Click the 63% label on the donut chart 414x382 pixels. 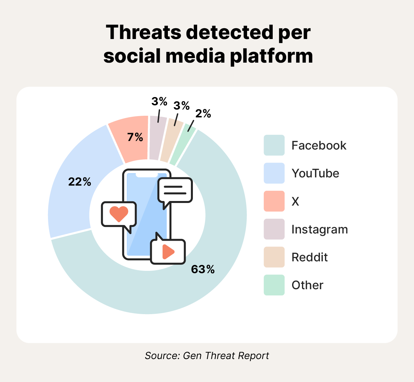203,270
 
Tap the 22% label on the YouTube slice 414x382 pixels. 80,182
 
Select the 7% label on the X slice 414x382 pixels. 135,137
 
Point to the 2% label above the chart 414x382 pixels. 203,113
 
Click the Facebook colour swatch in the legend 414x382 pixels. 274,145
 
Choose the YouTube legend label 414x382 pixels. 315,173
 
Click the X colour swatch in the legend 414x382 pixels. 274,201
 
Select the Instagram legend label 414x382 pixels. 319,229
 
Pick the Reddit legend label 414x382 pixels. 310,257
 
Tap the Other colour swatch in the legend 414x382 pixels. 274,285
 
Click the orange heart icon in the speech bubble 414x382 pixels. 119,214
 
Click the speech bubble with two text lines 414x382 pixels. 175,190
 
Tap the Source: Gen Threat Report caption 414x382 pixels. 207,356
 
